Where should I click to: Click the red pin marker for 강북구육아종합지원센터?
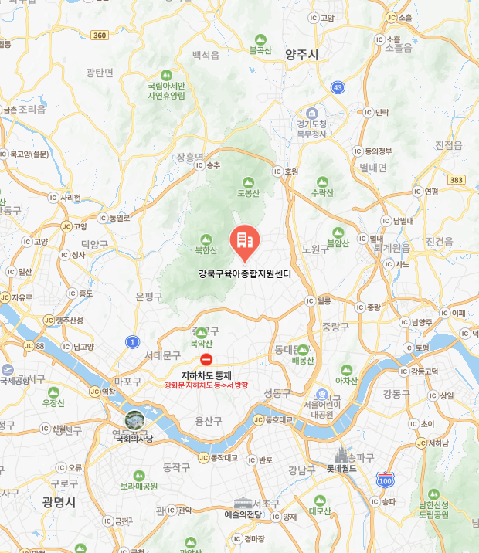click(245, 243)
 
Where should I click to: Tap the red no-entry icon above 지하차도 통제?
click(206, 359)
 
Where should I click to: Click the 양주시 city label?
click(301, 54)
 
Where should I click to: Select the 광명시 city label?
click(59, 502)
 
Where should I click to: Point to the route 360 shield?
click(99, 35)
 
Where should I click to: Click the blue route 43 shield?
click(338, 88)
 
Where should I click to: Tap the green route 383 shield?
click(457, 179)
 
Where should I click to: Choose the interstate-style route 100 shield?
click(385, 480)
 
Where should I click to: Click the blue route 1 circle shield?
click(133, 341)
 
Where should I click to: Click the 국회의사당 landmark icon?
click(134, 421)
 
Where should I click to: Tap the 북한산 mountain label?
click(206, 249)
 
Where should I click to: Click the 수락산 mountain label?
click(321, 192)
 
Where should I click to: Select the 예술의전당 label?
click(243, 514)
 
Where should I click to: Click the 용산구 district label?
click(209, 421)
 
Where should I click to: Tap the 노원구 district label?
click(315, 249)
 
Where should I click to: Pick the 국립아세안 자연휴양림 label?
click(167, 90)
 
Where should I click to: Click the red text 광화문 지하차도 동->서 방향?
click(206, 385)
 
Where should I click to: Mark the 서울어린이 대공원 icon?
click(322, 394)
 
